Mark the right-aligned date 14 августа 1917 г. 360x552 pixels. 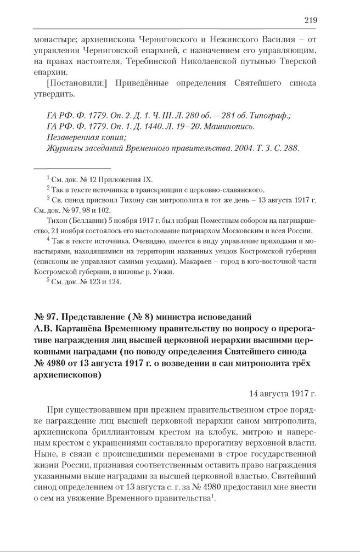(x=283, y=393)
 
